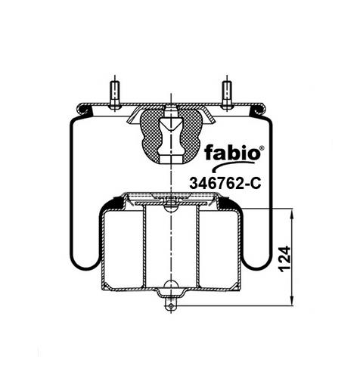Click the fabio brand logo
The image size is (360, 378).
232,153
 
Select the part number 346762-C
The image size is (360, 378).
225,183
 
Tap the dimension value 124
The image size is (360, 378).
285,259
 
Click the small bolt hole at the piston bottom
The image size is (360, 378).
171,306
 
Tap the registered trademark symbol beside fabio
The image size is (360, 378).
262,148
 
